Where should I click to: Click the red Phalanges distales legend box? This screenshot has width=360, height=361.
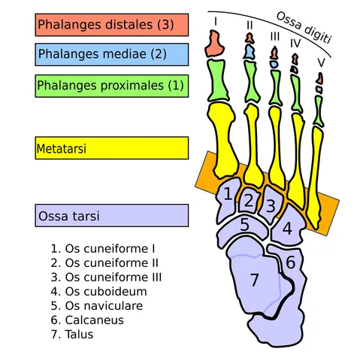point(112,25)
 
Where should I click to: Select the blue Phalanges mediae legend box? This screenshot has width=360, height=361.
point(112,54)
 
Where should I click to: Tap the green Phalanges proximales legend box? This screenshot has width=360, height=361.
point(112,86)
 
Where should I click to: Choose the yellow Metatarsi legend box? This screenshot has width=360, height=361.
point(112,148)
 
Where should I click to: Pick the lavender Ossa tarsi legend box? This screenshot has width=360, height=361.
point(112,216)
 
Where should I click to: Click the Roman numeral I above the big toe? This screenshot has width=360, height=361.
point(216,22)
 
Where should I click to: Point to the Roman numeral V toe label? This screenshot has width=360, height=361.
point(321,62)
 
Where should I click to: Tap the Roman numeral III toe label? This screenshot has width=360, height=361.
point(275,37)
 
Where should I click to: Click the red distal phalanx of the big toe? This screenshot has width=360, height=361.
point(214,44)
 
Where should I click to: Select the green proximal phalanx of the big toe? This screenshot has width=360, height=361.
point(217,80)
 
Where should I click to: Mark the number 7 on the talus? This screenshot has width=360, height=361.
point(254,280)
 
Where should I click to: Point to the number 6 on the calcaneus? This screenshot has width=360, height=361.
point(291,262)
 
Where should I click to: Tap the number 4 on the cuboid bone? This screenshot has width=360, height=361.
point(287,229)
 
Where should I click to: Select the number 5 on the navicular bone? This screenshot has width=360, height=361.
point(245,224)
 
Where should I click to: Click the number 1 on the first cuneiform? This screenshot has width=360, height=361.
point(228,194)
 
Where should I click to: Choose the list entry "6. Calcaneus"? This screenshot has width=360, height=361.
point(87,320)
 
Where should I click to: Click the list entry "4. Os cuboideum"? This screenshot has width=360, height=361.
point(98,292)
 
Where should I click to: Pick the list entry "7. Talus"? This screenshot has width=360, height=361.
point(72,335)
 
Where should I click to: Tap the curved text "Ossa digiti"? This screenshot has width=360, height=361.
point(304,28)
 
